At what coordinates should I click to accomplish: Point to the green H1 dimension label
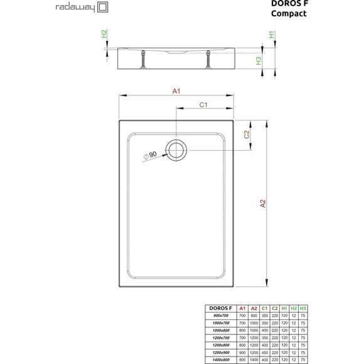[272, 35]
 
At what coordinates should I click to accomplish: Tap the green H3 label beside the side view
[259, 61]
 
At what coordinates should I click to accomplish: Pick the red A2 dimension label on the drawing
[264, 203]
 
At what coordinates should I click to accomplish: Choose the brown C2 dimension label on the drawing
[247, 134]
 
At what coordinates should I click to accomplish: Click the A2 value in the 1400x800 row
[254, 359]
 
